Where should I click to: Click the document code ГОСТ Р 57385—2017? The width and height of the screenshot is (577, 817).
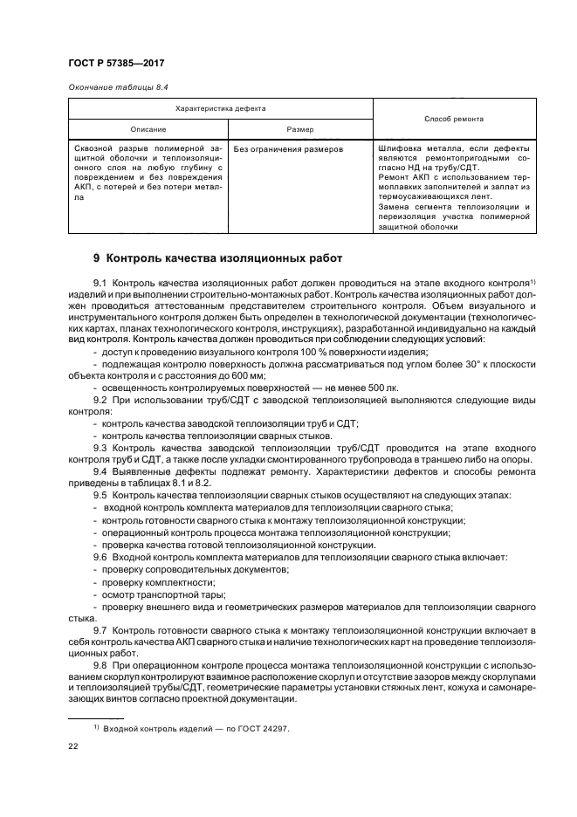coord(116,65)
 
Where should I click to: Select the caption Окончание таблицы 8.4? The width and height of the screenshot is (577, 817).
coord(118,88)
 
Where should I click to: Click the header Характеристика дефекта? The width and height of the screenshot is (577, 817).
coord(221,109)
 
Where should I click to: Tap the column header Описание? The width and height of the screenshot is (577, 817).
coord(148,128)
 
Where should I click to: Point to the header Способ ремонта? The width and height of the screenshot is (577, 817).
coord(454,119)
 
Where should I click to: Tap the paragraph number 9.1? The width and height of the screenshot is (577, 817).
coord(99,285)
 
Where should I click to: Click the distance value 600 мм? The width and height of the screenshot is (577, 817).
coord(206,372)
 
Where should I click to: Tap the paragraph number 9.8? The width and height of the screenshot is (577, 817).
coord(99,664)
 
